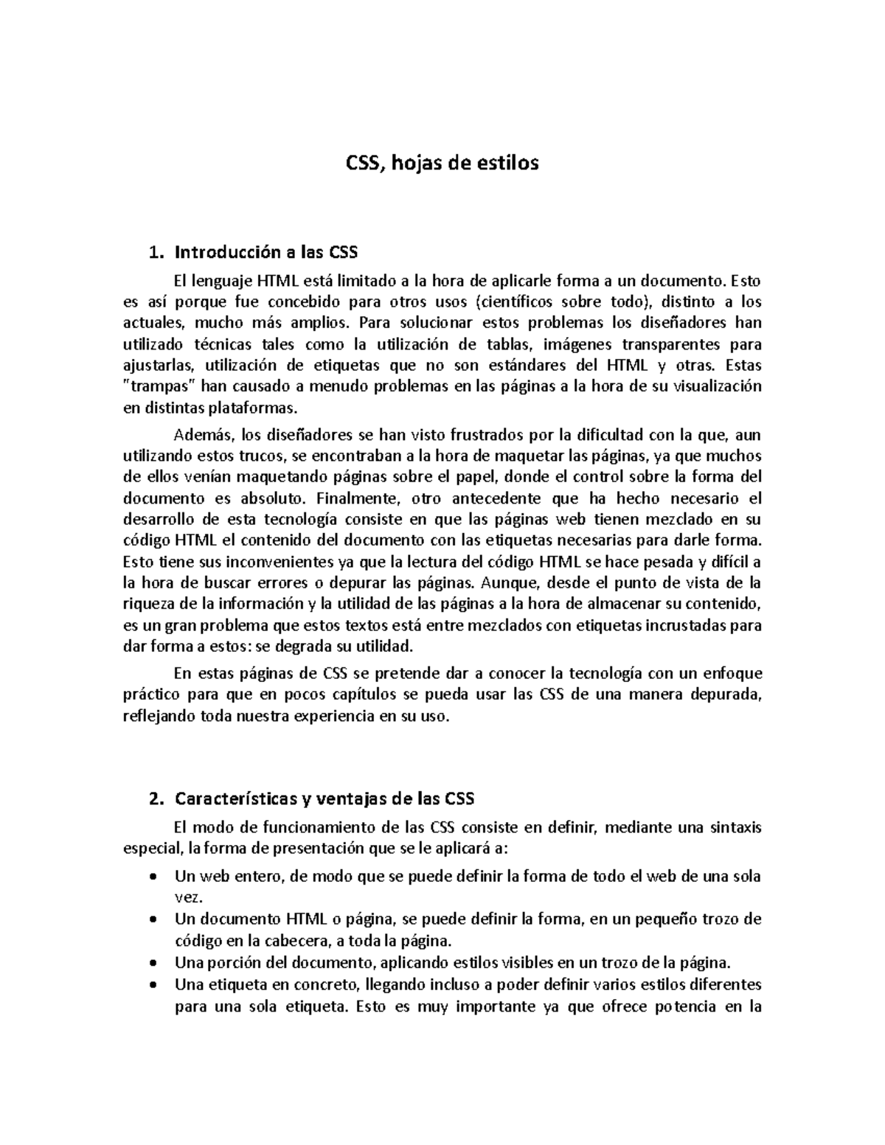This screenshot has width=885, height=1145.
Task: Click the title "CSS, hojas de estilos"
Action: pyautogui.click(x=442, y=163)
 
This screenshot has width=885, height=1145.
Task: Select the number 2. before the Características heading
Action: pyautogui.click(x=155, y=799)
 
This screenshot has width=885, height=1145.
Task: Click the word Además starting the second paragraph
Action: pyautogui.click(x=198, y=434)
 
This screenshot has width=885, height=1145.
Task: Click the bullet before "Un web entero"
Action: pyautogui.click(x=152, y=877)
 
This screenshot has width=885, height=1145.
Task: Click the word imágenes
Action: pyautogui.click(x=577, y=344)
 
